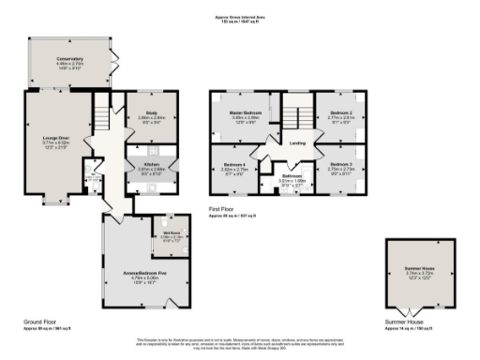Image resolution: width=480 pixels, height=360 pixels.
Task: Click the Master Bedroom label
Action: coord(246,112)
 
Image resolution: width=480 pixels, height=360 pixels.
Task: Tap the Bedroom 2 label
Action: coord(340,112)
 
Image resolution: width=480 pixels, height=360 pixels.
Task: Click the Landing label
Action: coord(298,143)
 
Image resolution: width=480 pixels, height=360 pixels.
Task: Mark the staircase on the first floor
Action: coord(298,115)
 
